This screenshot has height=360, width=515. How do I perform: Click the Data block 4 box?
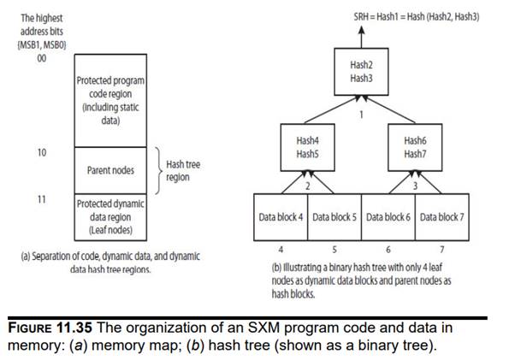pos(281,217)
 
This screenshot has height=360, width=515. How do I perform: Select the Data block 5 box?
pos(334,217)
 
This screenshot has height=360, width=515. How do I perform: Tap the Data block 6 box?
pos(389,217)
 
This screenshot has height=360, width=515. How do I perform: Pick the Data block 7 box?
pos(442,217)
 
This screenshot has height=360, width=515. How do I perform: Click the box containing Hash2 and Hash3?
pos(360,71)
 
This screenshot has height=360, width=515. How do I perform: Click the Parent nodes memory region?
pos(111,170)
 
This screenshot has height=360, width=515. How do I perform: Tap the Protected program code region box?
pos(111,101)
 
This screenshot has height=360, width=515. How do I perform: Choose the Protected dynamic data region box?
pos(111,216)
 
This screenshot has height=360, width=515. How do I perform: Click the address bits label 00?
pos(40,59)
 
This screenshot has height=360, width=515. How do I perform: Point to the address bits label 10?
pos(40,152)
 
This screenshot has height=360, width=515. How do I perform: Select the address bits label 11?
pos(40,198)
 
